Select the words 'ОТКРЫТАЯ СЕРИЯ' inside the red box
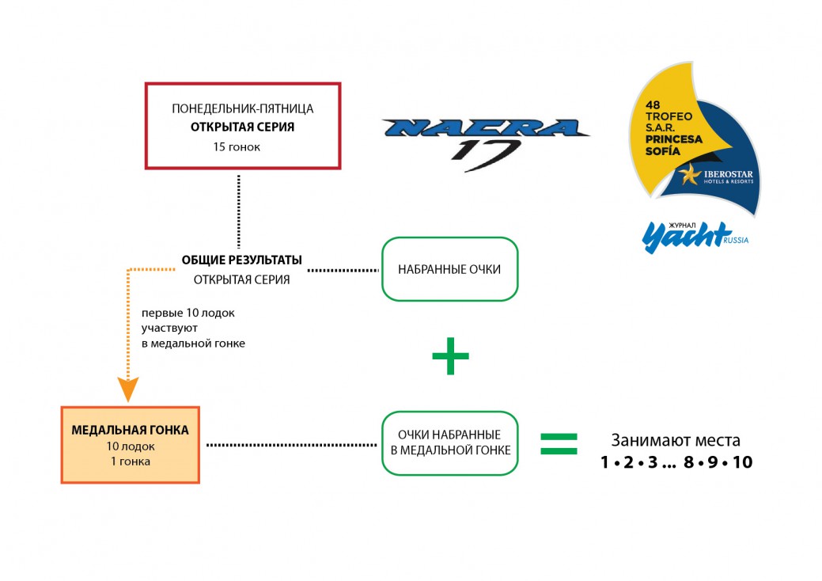point(242,127)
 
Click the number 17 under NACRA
point(485,150)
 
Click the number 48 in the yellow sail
point(653,105)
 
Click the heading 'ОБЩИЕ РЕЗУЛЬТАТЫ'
point(241,260)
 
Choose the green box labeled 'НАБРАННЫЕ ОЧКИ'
point(449,269)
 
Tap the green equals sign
point(559,443)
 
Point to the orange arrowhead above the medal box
point(128,389)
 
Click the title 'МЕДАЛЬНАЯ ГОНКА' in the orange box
point(130,431)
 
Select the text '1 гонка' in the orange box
point(130,461)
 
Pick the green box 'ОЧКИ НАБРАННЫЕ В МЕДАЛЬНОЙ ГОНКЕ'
point(449,443)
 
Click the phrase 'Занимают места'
point(676,440)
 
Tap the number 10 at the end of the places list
point(742,462)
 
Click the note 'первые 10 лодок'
point(188,313)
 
